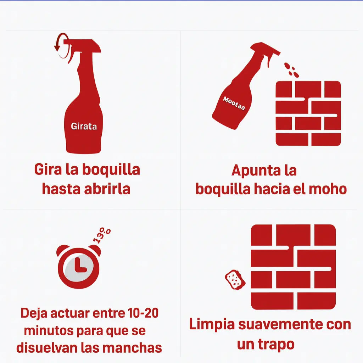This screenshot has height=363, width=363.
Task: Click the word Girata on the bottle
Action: [x=84, y=127]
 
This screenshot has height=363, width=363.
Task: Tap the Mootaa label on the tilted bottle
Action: [x=234, y=103]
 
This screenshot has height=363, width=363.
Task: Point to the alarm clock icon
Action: [x=79, y=266]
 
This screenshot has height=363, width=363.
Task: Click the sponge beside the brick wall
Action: [x=235, y=279]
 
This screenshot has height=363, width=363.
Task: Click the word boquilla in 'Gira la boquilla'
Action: [x=111, y=170]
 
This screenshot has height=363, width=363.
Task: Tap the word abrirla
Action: [x=107, y=189]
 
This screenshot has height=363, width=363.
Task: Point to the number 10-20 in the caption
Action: [x=143, y=313]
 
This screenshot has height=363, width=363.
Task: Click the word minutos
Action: [x=48, y=330]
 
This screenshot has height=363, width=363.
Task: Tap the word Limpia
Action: [x=212, y=324]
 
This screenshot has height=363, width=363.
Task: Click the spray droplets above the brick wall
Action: [x=291, y=69]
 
